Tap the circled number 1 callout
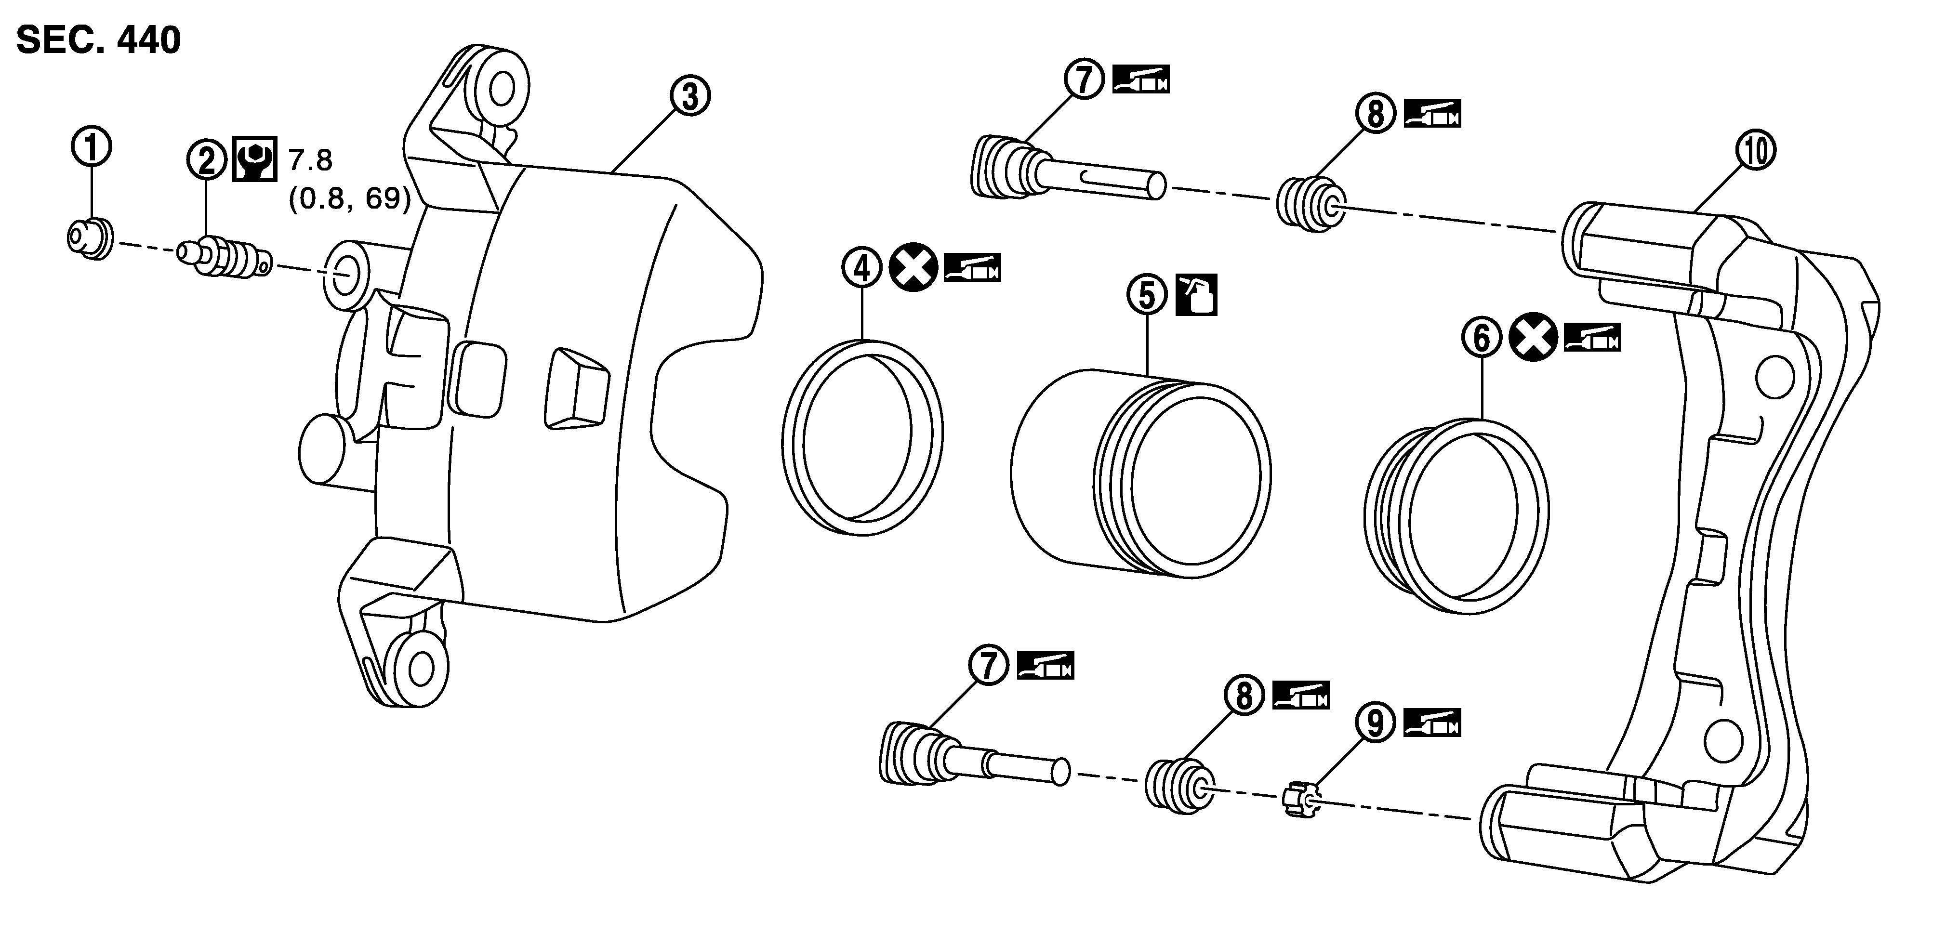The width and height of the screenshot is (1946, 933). [92, 148]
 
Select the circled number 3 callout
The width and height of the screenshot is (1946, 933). [690, 97]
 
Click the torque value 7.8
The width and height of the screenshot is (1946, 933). [310, 160]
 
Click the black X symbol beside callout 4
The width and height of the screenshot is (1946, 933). [913, 269]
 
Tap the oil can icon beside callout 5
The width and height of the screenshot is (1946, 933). [1197, 295]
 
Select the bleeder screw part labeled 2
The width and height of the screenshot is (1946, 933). [223, 258]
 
